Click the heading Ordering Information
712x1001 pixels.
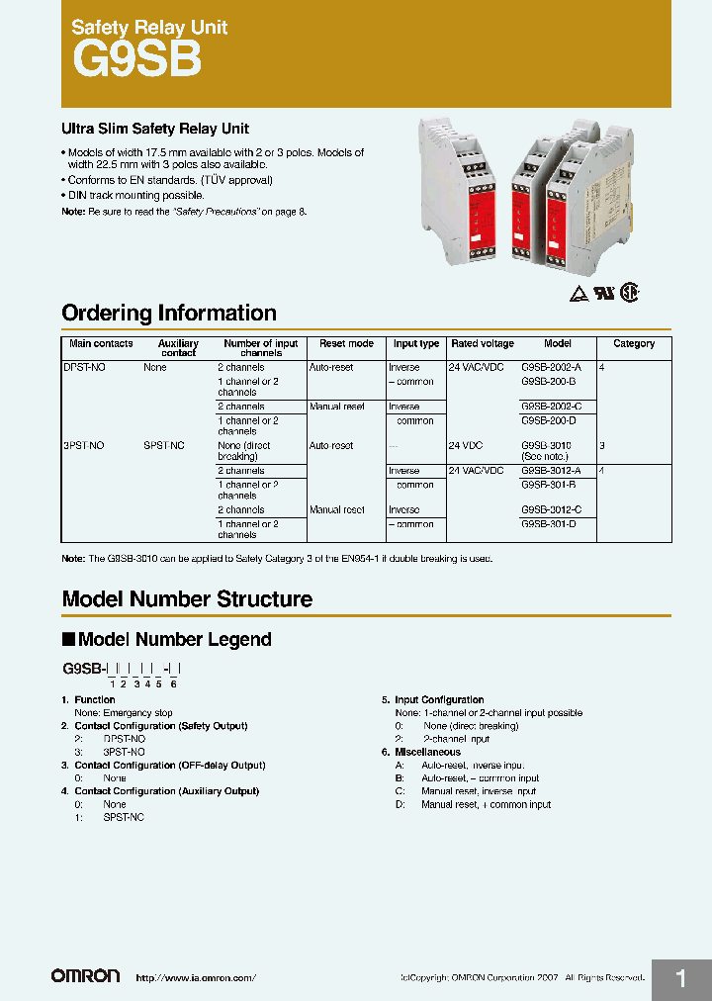point(168,314)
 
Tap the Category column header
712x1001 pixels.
point(634,344)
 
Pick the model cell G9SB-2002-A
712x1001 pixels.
point(551,367)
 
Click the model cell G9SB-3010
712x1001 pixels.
point(546,446)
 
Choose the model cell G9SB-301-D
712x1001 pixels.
point(548,524)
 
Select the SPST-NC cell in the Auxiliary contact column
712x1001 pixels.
point(164,446)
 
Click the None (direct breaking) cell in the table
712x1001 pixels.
point(243,451)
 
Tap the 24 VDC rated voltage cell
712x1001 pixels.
point(470,446)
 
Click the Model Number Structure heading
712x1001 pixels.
point(187,599)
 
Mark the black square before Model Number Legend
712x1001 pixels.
point(68,640)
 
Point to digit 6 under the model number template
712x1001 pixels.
point(174,683)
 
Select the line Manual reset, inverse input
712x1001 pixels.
point(479,791)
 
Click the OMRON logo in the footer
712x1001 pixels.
point(86,976)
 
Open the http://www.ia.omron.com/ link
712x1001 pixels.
point(195,978)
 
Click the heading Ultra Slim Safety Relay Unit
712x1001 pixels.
point(155,130)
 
